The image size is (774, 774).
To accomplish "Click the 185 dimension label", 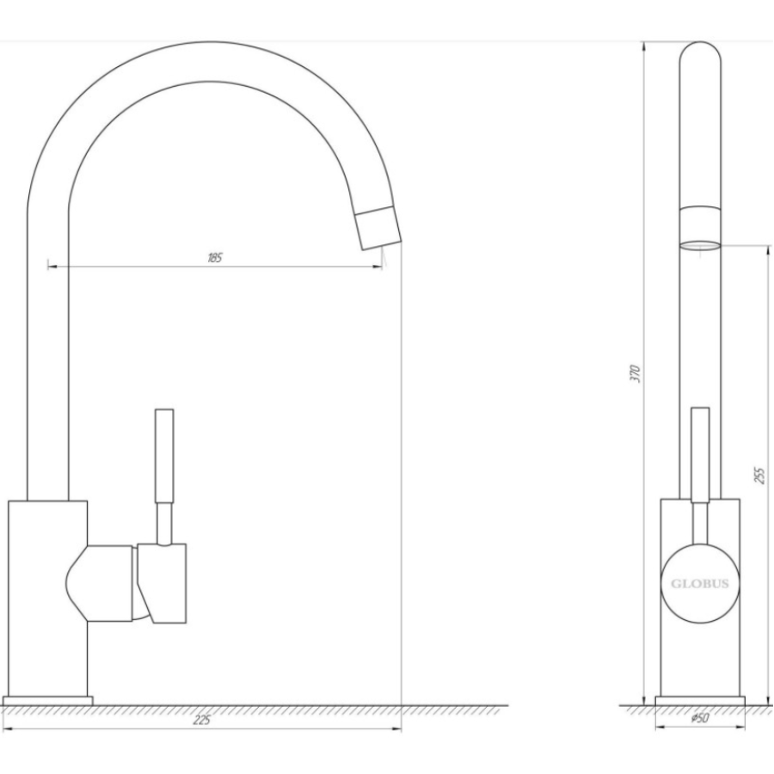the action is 215,258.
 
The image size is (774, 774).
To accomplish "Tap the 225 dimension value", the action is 201,720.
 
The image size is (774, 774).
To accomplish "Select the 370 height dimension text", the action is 636,374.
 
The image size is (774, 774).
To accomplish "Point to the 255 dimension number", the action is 759,475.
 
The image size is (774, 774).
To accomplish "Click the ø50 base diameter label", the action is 700,718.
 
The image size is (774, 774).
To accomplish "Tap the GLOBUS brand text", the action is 699,584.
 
